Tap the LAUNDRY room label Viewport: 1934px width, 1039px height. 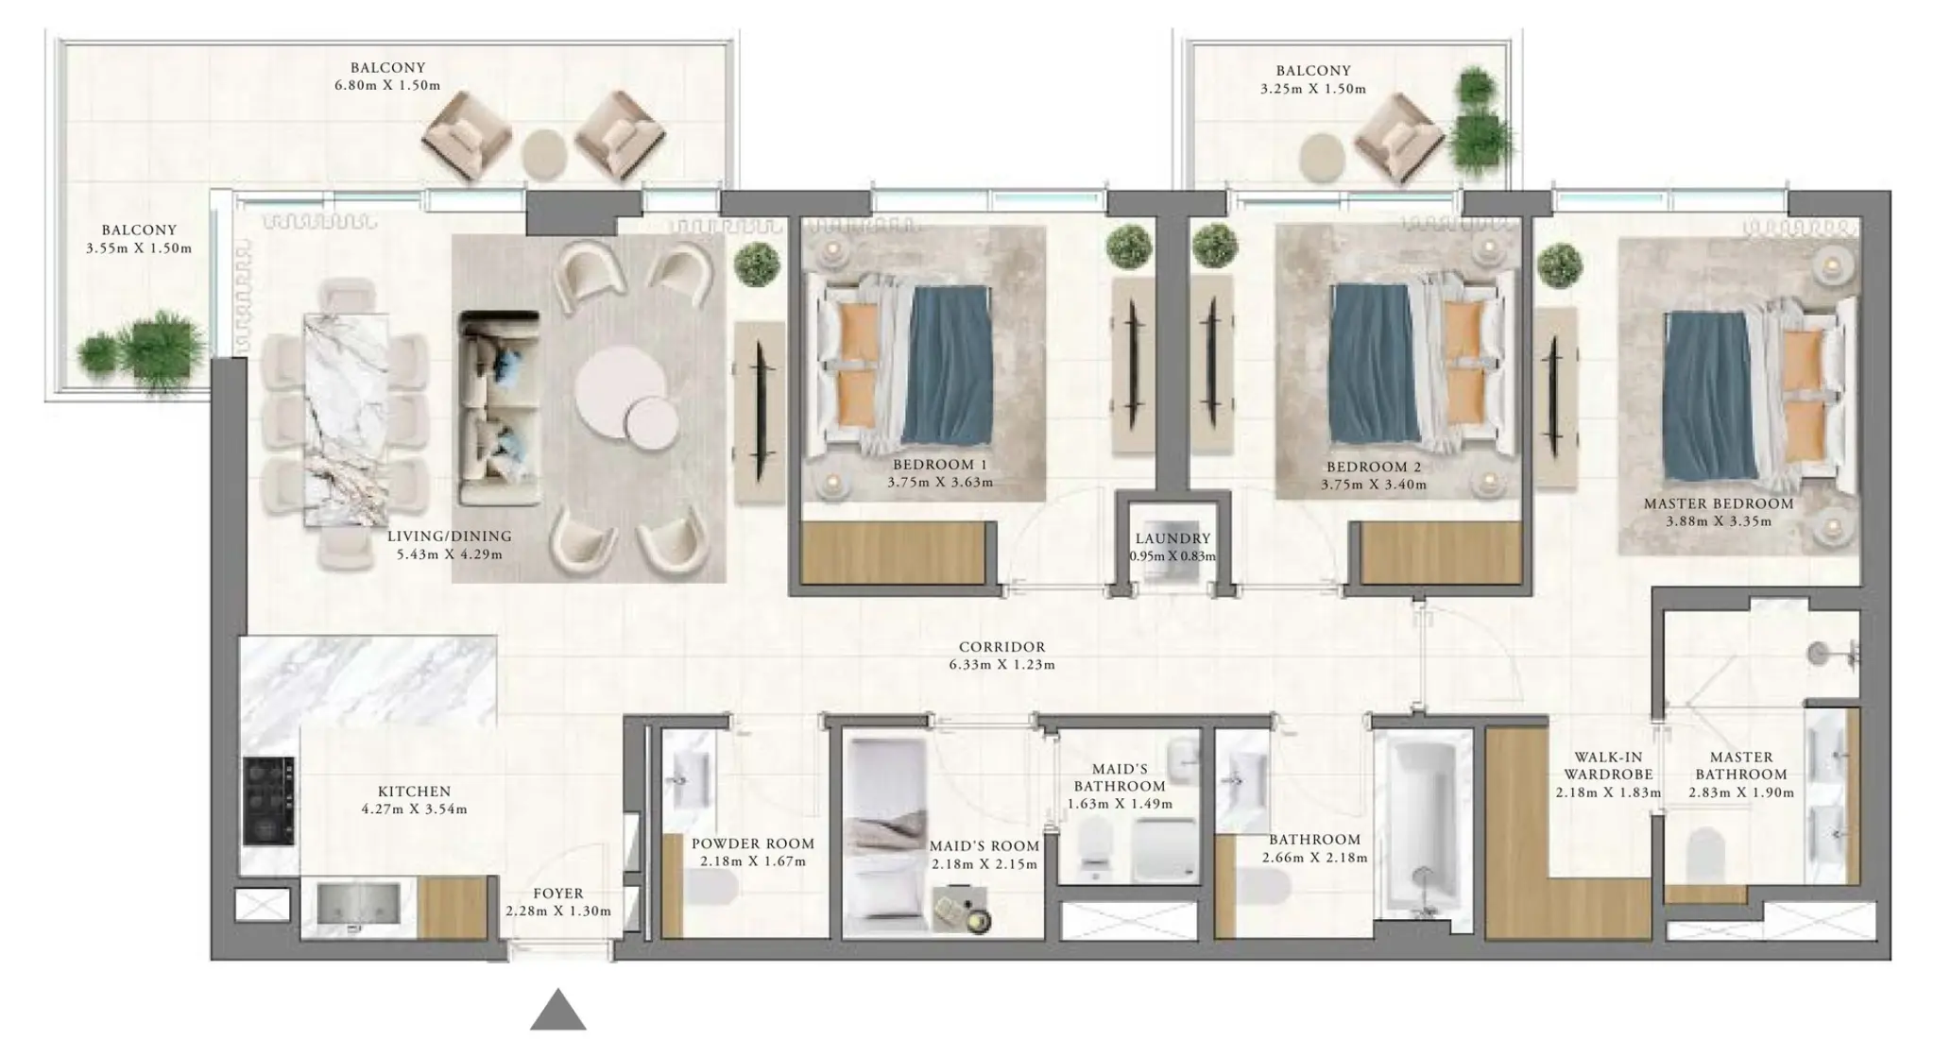1172,538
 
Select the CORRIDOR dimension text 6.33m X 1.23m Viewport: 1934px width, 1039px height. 1001,665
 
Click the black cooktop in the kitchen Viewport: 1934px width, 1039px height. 268,800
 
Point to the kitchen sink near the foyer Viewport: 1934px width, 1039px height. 356,904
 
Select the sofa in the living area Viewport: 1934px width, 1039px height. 499,408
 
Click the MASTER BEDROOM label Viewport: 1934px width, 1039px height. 1718,503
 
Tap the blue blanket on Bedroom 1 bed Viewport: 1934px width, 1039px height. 947,365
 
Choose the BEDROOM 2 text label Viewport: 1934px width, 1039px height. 1373,467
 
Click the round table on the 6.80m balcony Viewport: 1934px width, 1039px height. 544,152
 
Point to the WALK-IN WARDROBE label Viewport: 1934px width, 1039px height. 1607,765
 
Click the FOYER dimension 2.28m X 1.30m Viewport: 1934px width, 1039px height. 557,911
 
